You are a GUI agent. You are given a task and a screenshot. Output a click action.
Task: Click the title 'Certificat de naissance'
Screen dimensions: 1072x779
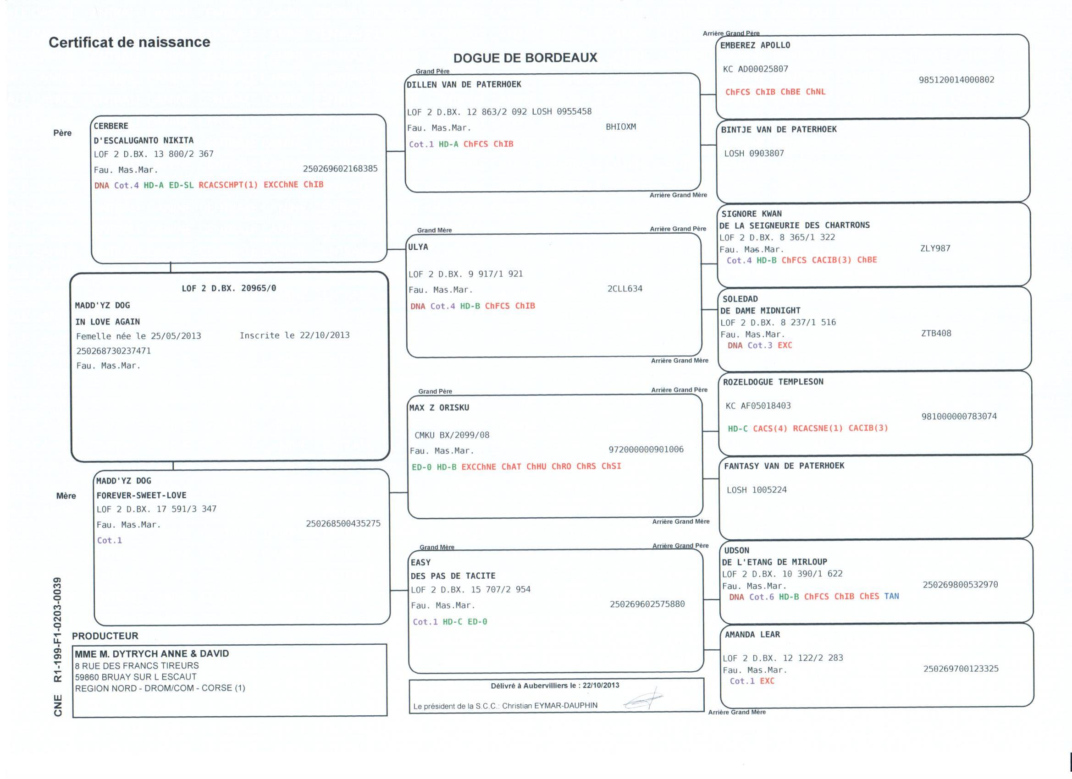point(129,42)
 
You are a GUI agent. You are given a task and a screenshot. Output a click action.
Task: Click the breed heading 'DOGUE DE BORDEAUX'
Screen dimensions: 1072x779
point(525,58)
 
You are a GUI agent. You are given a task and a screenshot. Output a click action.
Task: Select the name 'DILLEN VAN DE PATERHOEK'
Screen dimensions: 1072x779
point(464,85)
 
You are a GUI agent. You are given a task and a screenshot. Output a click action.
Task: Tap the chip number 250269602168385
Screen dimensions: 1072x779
point(340,169)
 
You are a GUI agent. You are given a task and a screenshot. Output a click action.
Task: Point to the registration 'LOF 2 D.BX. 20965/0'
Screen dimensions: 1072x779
point(229,288)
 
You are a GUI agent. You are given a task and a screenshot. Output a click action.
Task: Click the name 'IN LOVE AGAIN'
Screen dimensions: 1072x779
point(108,322)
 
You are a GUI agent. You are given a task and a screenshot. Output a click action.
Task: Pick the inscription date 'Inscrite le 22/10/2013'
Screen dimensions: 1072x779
point(294,335)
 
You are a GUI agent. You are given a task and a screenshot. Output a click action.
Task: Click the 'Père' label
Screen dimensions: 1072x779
point(62,133)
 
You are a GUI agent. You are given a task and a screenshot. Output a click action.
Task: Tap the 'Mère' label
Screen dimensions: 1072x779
point(66,495)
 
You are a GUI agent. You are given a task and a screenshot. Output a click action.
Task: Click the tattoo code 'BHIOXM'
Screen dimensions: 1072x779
point(621,126)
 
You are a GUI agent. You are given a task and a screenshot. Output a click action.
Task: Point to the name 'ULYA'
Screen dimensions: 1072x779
point(418,247)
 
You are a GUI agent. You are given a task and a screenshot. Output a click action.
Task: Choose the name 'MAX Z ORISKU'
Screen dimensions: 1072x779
point(439,408)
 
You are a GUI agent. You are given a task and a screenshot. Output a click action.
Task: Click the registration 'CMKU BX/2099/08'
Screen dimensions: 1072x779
point(452,435)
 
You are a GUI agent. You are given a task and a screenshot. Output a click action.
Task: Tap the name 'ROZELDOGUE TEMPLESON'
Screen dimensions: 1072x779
point(773,382)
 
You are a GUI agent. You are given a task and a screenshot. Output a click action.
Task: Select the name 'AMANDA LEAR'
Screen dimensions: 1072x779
point(752,635)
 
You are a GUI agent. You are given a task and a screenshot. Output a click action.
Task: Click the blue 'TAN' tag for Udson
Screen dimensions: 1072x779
point(891,596)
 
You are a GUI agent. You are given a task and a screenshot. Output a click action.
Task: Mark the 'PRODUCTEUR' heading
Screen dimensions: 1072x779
point(105,636)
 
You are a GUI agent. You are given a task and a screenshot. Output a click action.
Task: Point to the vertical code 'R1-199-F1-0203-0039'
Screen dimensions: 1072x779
point(58,630)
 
